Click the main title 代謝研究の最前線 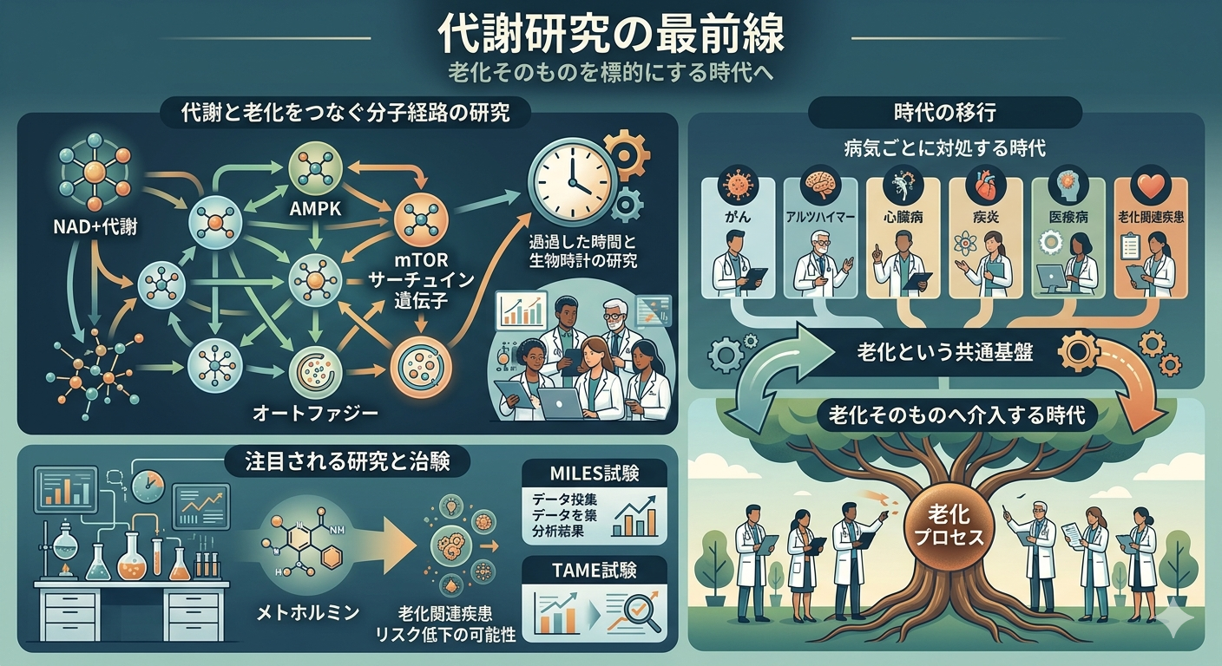(610, 36)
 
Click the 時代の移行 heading (944, 112)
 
